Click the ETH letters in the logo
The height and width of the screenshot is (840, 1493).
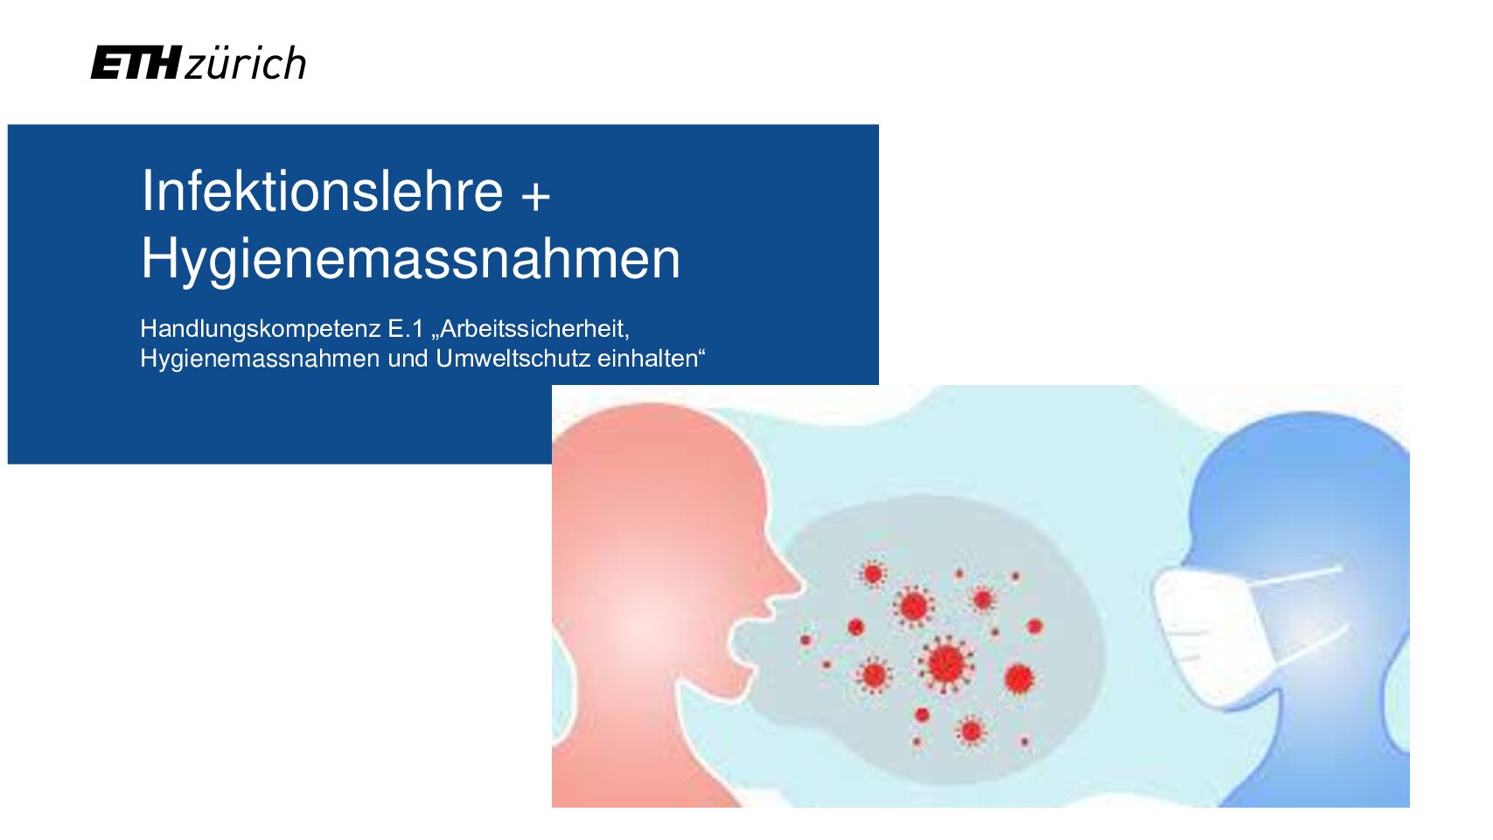point(136,63)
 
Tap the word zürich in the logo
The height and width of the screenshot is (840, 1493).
point(245,63)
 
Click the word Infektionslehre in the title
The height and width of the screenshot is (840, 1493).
point(322,191)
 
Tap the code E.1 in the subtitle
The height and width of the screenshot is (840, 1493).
point(405,328)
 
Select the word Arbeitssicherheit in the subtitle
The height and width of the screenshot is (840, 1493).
point(534,328)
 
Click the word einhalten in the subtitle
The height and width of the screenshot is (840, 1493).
point(647,359)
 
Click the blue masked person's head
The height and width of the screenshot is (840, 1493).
point(1300,507)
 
